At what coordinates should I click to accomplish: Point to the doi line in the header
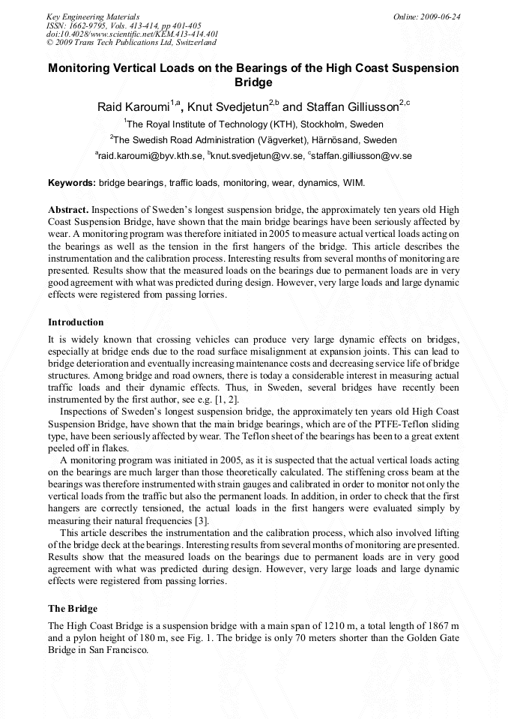(132, 34)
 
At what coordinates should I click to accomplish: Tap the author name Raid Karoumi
(133, 106)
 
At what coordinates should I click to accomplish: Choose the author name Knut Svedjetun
(228, 106)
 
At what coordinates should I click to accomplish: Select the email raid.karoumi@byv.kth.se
(151, 156)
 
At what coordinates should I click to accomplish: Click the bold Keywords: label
(72, 182)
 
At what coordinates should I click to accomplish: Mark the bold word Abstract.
(68, 209)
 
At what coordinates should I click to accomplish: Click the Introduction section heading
(76, 322)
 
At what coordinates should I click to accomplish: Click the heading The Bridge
(73, 608)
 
